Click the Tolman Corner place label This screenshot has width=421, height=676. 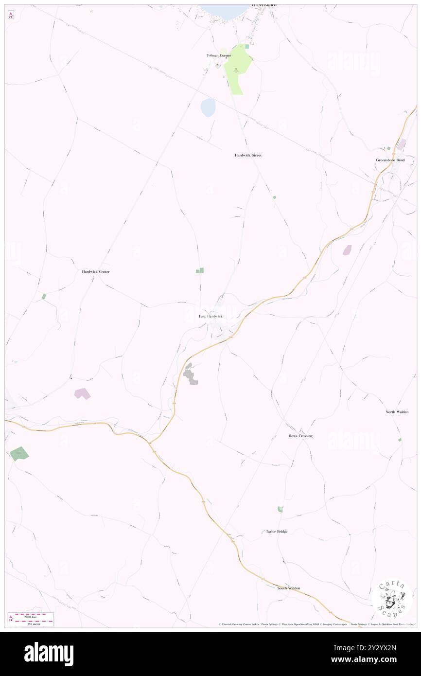(x=218, y=55)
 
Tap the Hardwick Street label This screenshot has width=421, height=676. (x=248, y=155)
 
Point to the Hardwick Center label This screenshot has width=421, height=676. (x=96, y=271)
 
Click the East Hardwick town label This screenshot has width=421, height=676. (x=210, y=317)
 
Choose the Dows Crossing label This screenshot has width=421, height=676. (x=300, y=436)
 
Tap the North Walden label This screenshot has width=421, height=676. (x=397, y=412)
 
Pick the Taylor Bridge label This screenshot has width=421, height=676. (x=276, y=532)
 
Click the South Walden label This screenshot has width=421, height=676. (x=288, y=588)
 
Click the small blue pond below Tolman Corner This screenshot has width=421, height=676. (x=208, y=107)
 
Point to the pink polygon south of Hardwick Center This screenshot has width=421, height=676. (x=82, y=393)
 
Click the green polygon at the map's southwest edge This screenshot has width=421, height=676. (x=19, y=453)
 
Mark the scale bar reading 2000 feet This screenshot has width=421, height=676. (x=34, y=615)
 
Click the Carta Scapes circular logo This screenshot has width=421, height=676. (x=392, y=599)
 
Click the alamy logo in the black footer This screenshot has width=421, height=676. (x=49, y=654)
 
